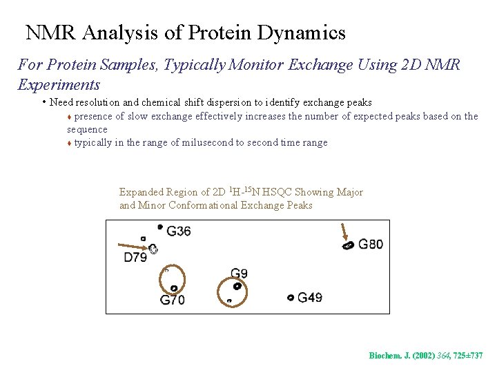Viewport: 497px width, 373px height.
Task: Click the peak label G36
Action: click(x=179, y=231)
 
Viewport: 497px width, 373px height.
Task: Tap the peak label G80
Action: click(x=370, y=244)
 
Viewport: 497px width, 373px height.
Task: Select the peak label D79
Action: click(x=136, y=258)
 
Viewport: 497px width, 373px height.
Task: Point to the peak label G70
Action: click(x=172, y=300)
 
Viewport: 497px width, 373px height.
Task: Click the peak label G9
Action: click(x=239, y=274)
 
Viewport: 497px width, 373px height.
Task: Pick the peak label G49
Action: click(x=309, y=298)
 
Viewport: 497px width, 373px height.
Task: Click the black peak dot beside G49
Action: click(x=291, y=298)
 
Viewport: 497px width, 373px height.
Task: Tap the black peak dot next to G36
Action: click(x=160, y=227)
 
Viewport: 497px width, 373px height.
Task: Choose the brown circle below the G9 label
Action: click(x=232, y=291)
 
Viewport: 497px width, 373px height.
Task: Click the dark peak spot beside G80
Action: click(x=349, y=245)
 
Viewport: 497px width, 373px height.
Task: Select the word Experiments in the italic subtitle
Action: click(x=59, y=85)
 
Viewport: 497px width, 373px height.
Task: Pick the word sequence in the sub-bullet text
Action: click(x=87, y=129)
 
